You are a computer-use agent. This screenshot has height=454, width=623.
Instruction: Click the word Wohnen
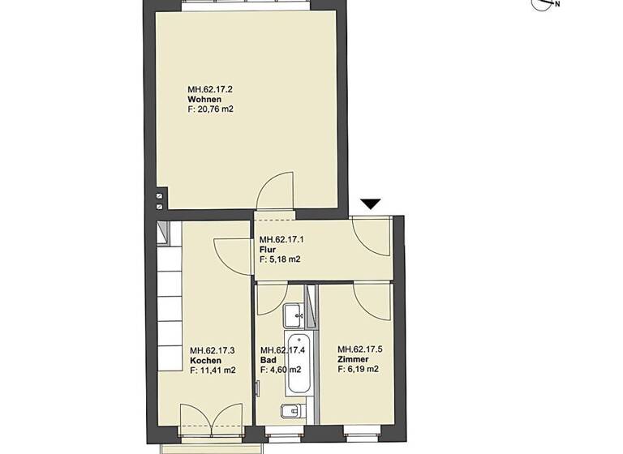tap(204, 100)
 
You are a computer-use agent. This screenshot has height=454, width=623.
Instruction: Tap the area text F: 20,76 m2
tap(211, 109)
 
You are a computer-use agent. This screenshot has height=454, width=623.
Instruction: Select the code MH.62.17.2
tap(210, 90)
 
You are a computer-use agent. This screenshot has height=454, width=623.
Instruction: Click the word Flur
tap(267, 251)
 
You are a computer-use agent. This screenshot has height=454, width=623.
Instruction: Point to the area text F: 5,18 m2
tap(280, 260)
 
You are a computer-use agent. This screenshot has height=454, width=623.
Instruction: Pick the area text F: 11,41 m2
tap(213, 370)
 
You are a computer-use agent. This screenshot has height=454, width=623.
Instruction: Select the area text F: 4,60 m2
tap(279, 370)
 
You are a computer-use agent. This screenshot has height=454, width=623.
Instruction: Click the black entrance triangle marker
tap(370, 204)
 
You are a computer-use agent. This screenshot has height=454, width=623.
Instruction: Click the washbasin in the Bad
tap(295, 312)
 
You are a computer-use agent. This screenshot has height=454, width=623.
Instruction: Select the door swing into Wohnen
tap(273, 191)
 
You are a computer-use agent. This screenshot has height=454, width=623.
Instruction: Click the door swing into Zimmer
tap(371, 300)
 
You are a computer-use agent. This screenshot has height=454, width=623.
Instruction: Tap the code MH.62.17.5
tap(360, 349)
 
